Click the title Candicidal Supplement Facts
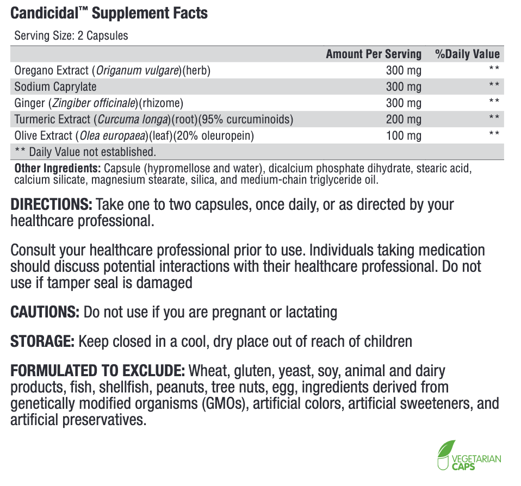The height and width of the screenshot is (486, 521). coord(109,13)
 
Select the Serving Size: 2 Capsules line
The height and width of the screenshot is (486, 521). coord(71,36)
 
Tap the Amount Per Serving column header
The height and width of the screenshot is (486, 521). coord(373,54)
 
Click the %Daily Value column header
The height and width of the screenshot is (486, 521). coord(467,54)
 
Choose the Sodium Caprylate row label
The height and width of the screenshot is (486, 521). coord(55,86)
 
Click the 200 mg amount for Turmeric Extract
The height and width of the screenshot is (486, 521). coord(404,119)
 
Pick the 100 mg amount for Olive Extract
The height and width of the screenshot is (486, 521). coord(404,135)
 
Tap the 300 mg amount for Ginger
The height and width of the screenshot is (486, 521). coord(404,103)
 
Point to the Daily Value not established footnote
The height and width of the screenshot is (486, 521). coord(85,152)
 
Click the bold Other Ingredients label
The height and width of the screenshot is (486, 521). coord(57,169)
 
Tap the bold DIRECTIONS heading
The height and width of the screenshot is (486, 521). coord(52,205)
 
